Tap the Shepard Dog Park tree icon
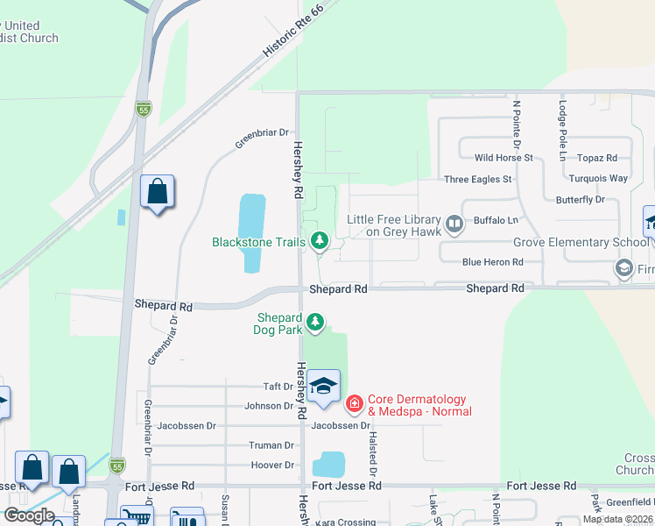(x=314, y=323)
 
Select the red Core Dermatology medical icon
(x=355, y=403)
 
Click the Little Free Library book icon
(x=454, y=224)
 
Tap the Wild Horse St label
(x=504, y=158)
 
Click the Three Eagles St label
(x=478, y=180)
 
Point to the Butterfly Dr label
(x=581, y=200)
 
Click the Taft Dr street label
(x=278, y=386)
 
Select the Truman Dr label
(x=271, y=445)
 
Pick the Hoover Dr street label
(x=272, y=466)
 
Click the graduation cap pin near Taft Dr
(x=323, y=387)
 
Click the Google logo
(x=29, y=515)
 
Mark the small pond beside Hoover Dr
(x=328, y=465)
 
